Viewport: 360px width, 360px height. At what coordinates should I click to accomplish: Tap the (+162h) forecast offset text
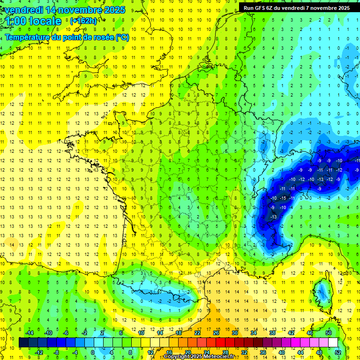(83, 21)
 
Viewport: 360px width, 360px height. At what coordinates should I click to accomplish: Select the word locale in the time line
(45, 21)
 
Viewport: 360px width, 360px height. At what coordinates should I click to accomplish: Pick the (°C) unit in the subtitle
(121, 37)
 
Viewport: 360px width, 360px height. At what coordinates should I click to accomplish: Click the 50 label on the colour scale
(329, 332)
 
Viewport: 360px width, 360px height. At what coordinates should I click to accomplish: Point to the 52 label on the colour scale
(338, 352)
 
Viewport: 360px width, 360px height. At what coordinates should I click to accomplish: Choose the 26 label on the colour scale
(216, 332)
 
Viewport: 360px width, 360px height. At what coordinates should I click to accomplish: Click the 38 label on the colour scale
(272, 332)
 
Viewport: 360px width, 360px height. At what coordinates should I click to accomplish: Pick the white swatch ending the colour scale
(333, 342)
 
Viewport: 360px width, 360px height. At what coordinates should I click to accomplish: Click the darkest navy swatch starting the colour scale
(24, 342)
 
